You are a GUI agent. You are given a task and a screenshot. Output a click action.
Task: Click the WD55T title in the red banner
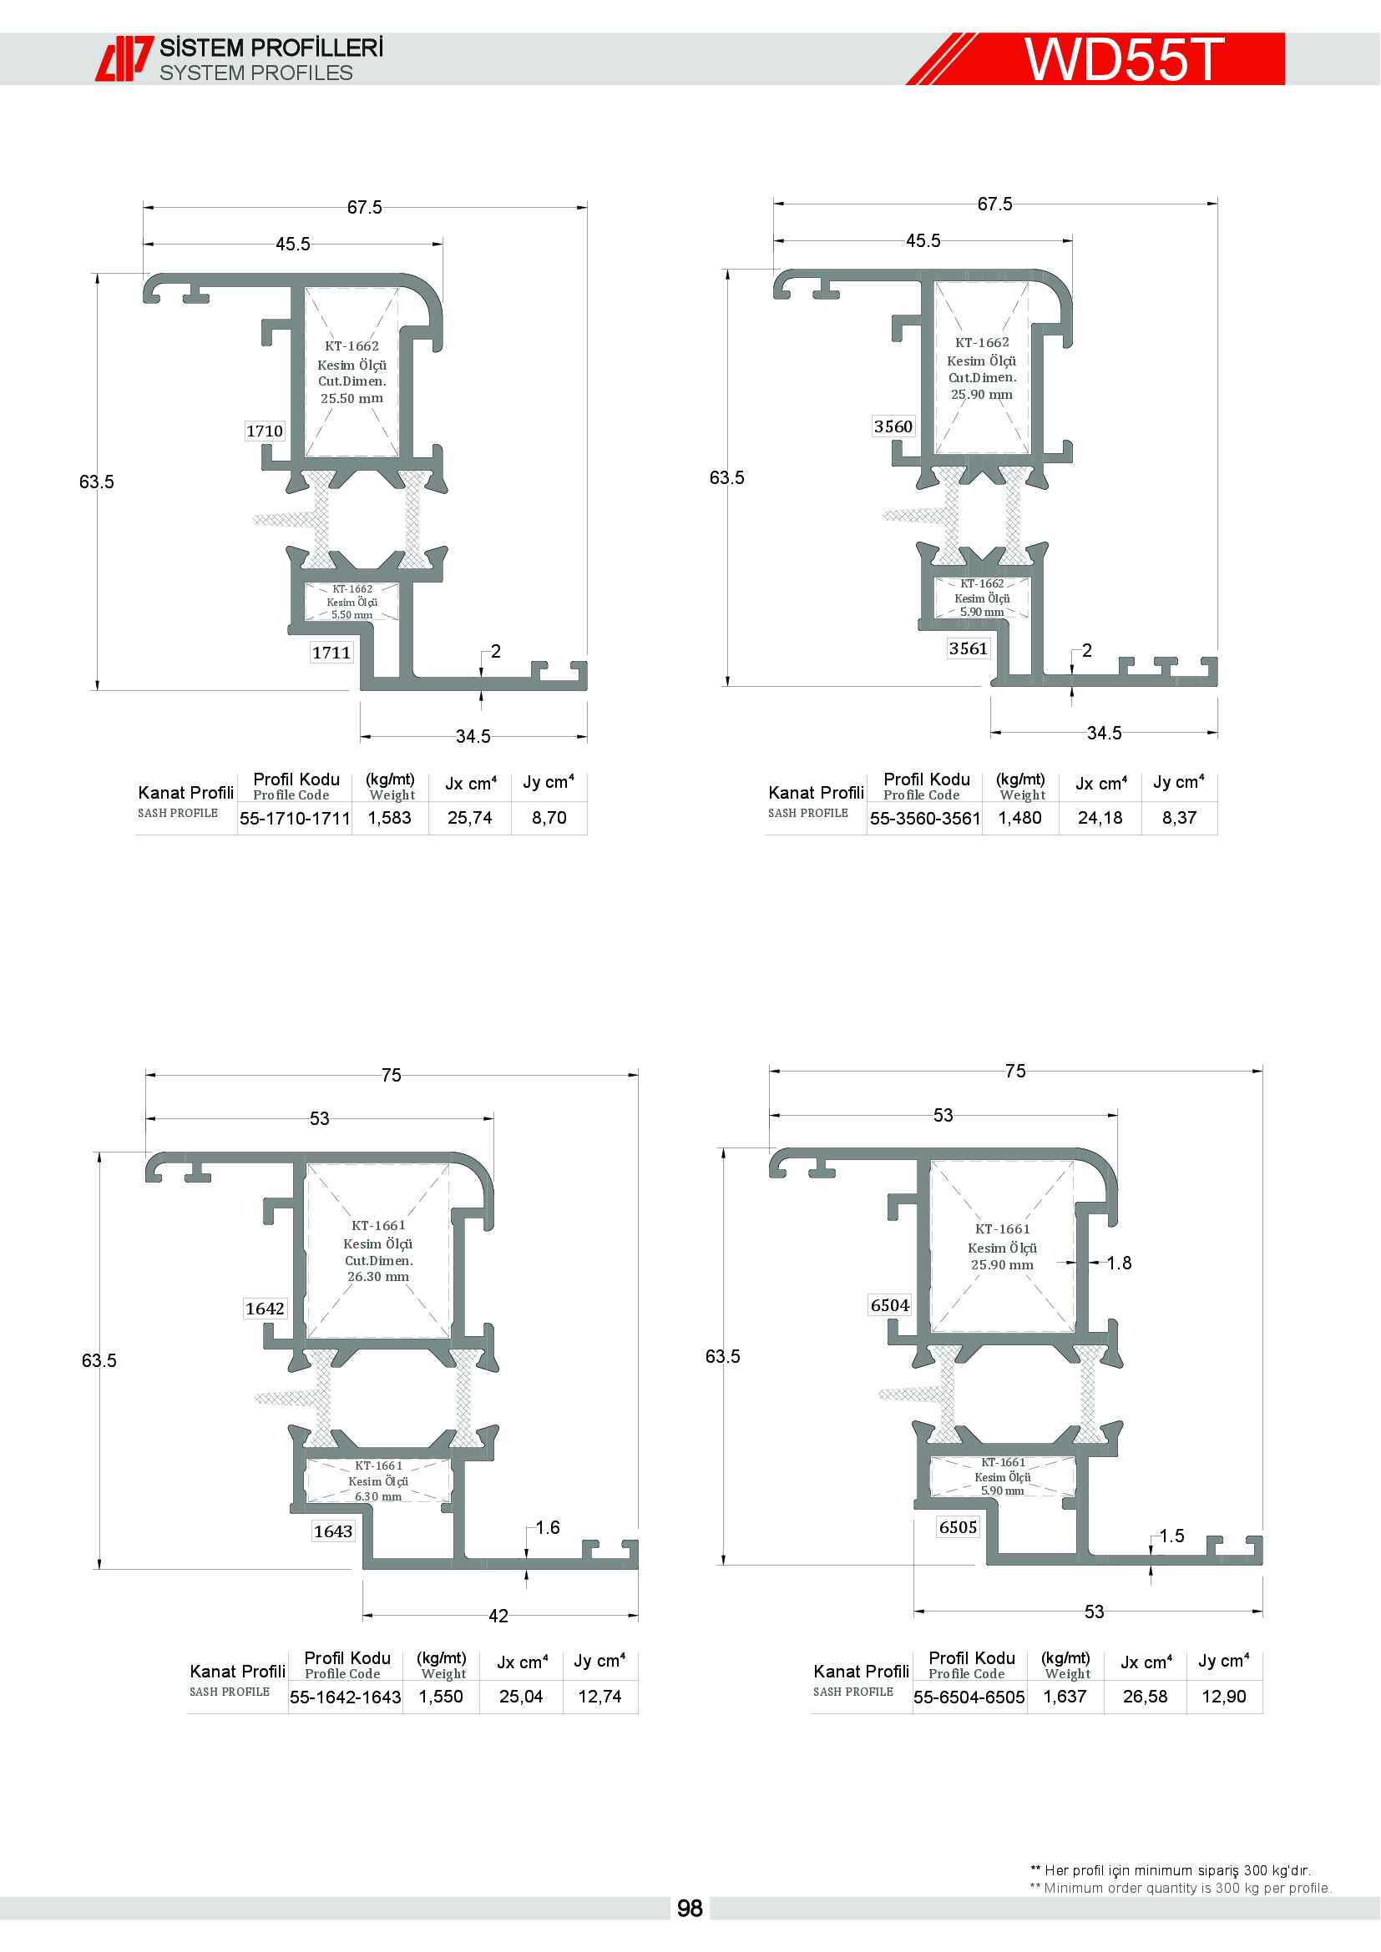1123,58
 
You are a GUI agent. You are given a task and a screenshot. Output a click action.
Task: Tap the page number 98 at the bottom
690,1908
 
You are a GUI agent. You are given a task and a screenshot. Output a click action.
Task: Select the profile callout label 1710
265,431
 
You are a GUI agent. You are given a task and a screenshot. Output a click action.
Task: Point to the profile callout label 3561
969,648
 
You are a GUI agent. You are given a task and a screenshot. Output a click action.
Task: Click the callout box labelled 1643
332,1531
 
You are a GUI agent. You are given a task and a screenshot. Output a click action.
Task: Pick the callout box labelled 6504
890,1305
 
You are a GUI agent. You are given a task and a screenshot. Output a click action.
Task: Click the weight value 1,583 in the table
389,818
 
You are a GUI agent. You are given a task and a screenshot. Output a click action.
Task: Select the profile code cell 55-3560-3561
925,819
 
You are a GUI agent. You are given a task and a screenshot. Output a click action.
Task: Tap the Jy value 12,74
599,1697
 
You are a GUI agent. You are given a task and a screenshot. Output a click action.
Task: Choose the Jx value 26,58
1146,1697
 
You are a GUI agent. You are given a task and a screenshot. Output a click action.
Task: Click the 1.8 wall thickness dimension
1119,1264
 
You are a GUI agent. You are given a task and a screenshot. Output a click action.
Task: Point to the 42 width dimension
498,1617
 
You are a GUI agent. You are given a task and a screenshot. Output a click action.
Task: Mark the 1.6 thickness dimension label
548,1528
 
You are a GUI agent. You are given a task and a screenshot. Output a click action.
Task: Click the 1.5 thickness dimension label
1171,1536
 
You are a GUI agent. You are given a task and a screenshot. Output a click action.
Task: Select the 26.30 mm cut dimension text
378,1276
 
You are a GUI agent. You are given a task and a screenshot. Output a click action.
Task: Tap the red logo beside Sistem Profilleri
124,58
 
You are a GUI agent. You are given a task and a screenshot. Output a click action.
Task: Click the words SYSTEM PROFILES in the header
256,73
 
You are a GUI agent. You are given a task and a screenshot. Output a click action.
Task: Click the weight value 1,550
441,1697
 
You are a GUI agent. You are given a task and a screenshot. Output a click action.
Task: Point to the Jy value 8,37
1180,818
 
